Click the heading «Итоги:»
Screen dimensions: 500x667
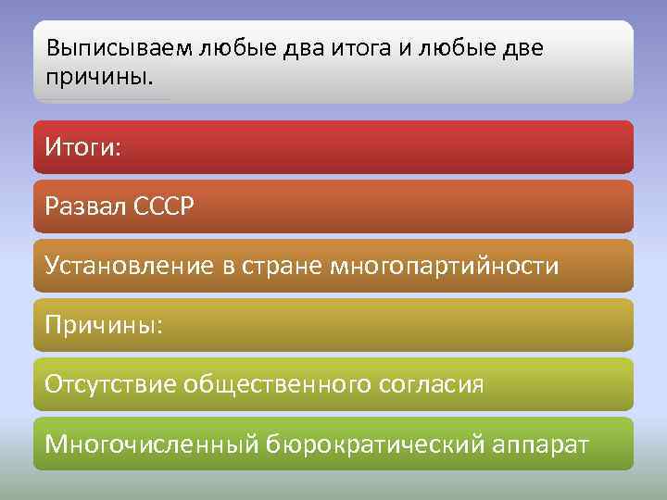82,147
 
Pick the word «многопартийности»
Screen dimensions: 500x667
447,267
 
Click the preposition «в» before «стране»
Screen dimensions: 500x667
233,267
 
